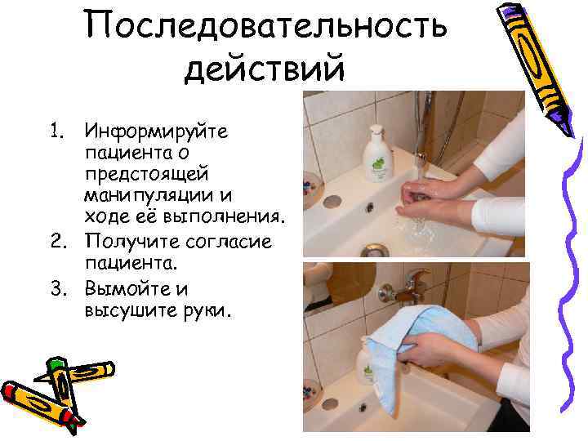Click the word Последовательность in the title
266,24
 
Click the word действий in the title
265,69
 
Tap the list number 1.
56,131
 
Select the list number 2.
58,241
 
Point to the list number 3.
59,288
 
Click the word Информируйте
156,131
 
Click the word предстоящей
146,175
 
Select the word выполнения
223,217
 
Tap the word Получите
132,241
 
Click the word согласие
229,242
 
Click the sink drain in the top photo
375,250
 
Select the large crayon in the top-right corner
536,69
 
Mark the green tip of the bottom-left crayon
56,363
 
